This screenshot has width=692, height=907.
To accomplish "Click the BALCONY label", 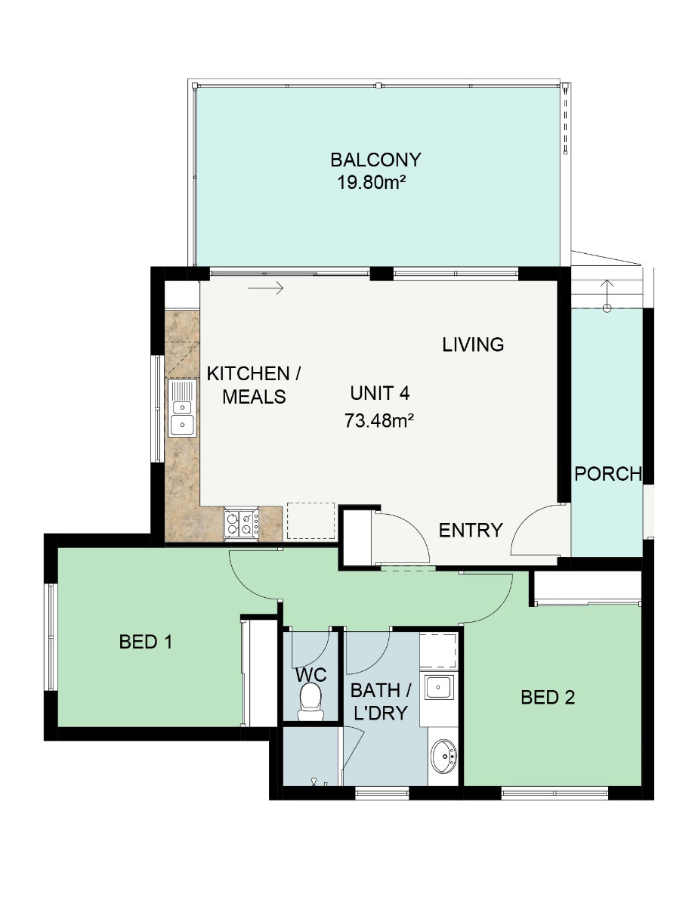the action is (375, 160).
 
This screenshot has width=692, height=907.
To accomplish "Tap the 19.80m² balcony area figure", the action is (371, 182).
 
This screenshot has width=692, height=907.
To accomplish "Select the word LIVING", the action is (473, 345).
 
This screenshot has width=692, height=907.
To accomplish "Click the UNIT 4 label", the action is (379, 393).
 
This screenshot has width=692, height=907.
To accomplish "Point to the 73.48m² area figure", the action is (379, 421).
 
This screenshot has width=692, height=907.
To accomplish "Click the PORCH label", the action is (608, 474).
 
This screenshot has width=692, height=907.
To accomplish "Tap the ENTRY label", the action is (471, 530).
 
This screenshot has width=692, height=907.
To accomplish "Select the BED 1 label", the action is (145, 642).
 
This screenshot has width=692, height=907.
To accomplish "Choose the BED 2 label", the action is (548, 698).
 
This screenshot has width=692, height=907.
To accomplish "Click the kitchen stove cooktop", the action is (241, 524).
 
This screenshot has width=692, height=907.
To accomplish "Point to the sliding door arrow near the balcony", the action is (265, 288).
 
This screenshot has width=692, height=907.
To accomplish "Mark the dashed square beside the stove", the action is (310, 520).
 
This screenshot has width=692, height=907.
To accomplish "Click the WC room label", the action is (311, 675).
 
